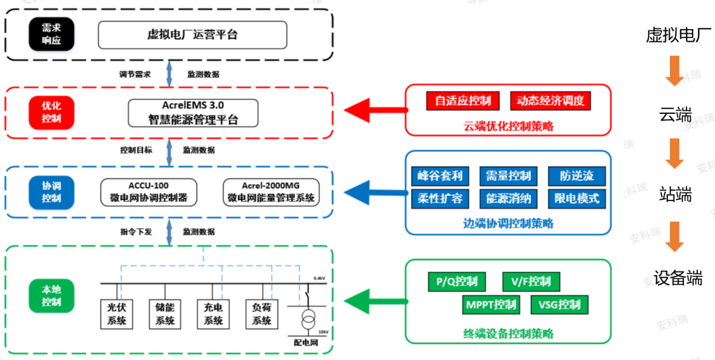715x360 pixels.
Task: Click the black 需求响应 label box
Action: (x=52, y=34)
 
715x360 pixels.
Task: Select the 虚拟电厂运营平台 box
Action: (x=192, y=34)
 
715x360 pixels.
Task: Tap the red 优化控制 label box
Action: (x=52, y=112)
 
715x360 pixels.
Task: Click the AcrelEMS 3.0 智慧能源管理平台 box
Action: (x=193, y=113)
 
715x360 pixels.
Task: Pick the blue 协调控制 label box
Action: (x=52, y=192)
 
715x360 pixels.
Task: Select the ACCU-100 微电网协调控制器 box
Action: (x=148, y=192)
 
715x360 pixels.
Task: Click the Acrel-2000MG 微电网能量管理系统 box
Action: (x=271, y=192)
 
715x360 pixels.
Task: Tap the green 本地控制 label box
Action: (x=52, y=296)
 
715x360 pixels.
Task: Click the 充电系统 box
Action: (x=213, y=314)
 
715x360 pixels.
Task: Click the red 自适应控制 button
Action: (x=463, y=101)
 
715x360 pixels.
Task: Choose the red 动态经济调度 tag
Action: (x=550, y=101)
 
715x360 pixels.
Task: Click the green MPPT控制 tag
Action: (x=490, y=305)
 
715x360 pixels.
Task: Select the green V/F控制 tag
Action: (x=531, y=281)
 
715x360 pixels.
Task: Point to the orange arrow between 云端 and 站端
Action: (x=674, y=154)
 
